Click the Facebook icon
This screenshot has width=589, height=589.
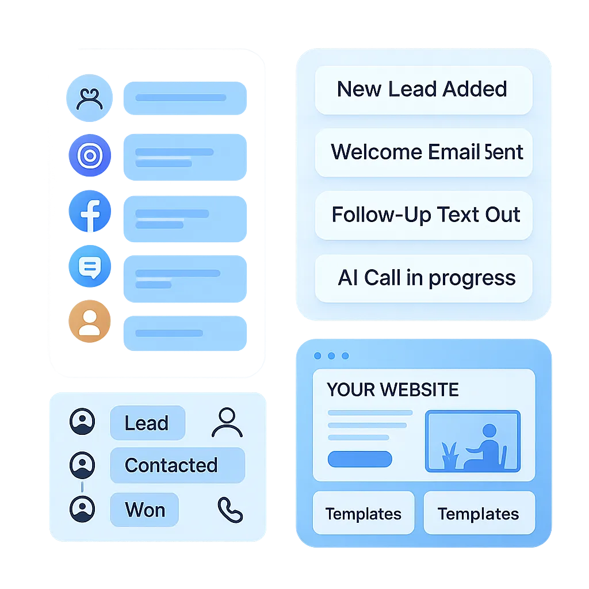click(x=90, y=212)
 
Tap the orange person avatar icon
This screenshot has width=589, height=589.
click(x=89, y=322)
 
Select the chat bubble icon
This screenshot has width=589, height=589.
click(x=89, y=267)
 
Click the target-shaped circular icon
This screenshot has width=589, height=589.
click(x=89, y=155)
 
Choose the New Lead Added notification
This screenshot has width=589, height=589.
click(x=423, y=90)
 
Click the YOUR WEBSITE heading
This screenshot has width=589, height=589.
click(x=393, y=389)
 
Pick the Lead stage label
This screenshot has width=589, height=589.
click(x=147, y=423)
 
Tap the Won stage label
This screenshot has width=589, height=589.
click(x=144, y=510)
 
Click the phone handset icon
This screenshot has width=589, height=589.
click(x=230, y=510)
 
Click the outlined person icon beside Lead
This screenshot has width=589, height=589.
click(x=227, y=423)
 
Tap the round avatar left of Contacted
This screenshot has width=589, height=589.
click(x=82, y=465)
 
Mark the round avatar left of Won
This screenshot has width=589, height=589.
click(x=82, y=508)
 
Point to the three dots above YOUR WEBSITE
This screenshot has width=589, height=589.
click(x=331, y=356)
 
